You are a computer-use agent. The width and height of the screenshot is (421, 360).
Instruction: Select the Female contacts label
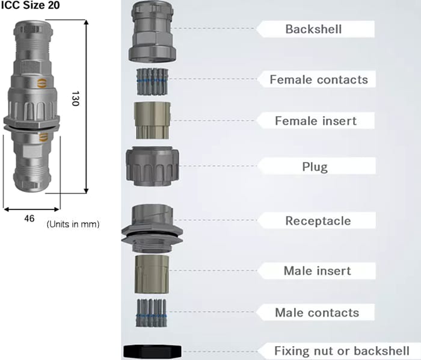[x=318, y=79]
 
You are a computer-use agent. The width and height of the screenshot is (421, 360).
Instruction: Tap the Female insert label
[x=316, y=120]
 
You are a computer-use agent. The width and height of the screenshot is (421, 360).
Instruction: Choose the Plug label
[x=315, y=167]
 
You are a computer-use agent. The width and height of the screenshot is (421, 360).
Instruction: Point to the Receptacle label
[x=318, y=220]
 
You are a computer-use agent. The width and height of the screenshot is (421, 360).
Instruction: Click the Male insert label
[x=317, y=270]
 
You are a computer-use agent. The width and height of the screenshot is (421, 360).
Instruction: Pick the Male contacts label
[x=317, y=312]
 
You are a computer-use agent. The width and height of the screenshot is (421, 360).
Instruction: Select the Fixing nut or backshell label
[x=342, y=350]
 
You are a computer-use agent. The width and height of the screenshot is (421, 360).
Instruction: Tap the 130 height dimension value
[x=75, y=99]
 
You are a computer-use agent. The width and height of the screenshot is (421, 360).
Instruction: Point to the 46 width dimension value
[x=29, y=219]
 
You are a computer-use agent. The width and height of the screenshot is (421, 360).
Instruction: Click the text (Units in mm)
[x=73, y=224]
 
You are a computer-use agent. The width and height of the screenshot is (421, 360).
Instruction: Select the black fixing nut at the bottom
[x=150, y=351]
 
